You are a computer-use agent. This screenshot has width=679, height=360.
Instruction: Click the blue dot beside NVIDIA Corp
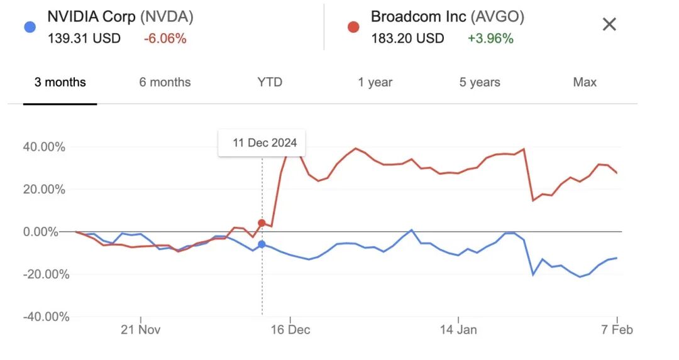(x=28, y=27)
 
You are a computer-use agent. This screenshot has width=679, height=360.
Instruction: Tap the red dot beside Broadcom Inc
(x=353, y=27)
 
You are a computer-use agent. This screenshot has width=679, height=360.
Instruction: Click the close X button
(x=609, y=25)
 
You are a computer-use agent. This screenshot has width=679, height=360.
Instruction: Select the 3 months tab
(x=60, y=82)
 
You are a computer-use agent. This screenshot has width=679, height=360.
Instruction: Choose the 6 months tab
(x=165, y=82)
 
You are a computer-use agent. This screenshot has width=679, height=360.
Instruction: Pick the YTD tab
(x=270, y=82)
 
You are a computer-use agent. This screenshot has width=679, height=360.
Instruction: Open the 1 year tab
(x=375, y=82)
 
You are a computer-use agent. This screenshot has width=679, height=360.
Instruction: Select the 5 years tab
(x=480, y=82)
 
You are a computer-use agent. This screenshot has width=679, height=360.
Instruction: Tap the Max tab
(x=585, y=82)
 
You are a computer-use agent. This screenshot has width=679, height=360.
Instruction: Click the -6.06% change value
(x=165, y=39)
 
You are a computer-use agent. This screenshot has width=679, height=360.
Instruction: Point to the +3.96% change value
(x=490, y=39)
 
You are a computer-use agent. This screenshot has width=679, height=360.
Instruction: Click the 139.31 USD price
(x=84, y=39)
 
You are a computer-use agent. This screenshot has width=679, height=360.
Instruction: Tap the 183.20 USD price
(x=407, y=39)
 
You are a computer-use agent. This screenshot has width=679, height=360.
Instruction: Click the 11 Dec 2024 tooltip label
(x=265, y=143)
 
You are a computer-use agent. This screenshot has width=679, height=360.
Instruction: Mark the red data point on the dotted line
(x=262, y=223)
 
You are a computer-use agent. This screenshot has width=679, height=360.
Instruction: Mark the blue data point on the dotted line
(x=262, y=244)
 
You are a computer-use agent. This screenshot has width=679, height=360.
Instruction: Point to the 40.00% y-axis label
(x=44, y=147)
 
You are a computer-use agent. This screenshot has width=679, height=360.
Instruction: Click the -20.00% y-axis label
(x=44, y=274)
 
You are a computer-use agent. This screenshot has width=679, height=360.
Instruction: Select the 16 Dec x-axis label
(x=290, y=330)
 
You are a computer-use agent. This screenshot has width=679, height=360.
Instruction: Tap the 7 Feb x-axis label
(x=617, y=330)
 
